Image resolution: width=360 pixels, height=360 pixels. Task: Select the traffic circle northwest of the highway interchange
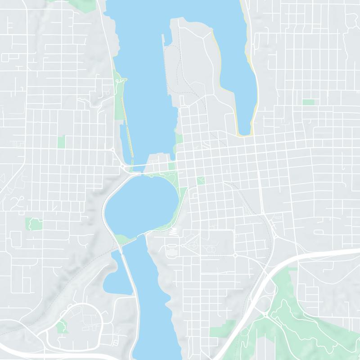[235, 255]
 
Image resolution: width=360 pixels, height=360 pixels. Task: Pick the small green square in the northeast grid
[308, 102]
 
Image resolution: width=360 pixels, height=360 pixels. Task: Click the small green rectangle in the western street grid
[61, 142]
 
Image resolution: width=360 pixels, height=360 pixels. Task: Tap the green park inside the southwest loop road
[62, 326]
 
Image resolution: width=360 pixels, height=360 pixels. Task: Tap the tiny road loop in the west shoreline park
[119, 81]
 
